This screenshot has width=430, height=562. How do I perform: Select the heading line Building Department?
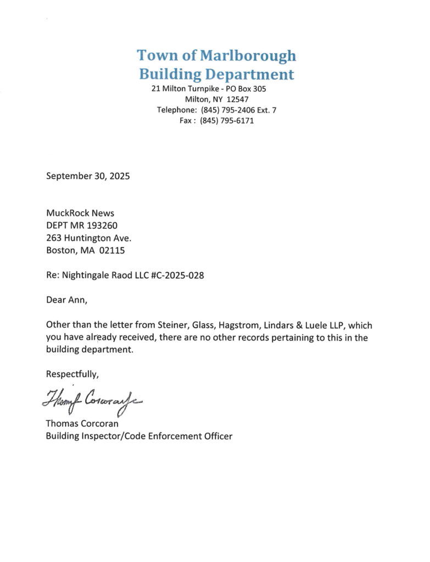pos(216,74)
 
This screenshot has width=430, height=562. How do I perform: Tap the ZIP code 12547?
pos(238,99)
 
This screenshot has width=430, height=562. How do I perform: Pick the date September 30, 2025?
pos(88,176)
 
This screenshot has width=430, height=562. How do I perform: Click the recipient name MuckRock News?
pos(80,213)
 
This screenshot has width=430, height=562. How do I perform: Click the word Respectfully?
pos(72,375)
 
